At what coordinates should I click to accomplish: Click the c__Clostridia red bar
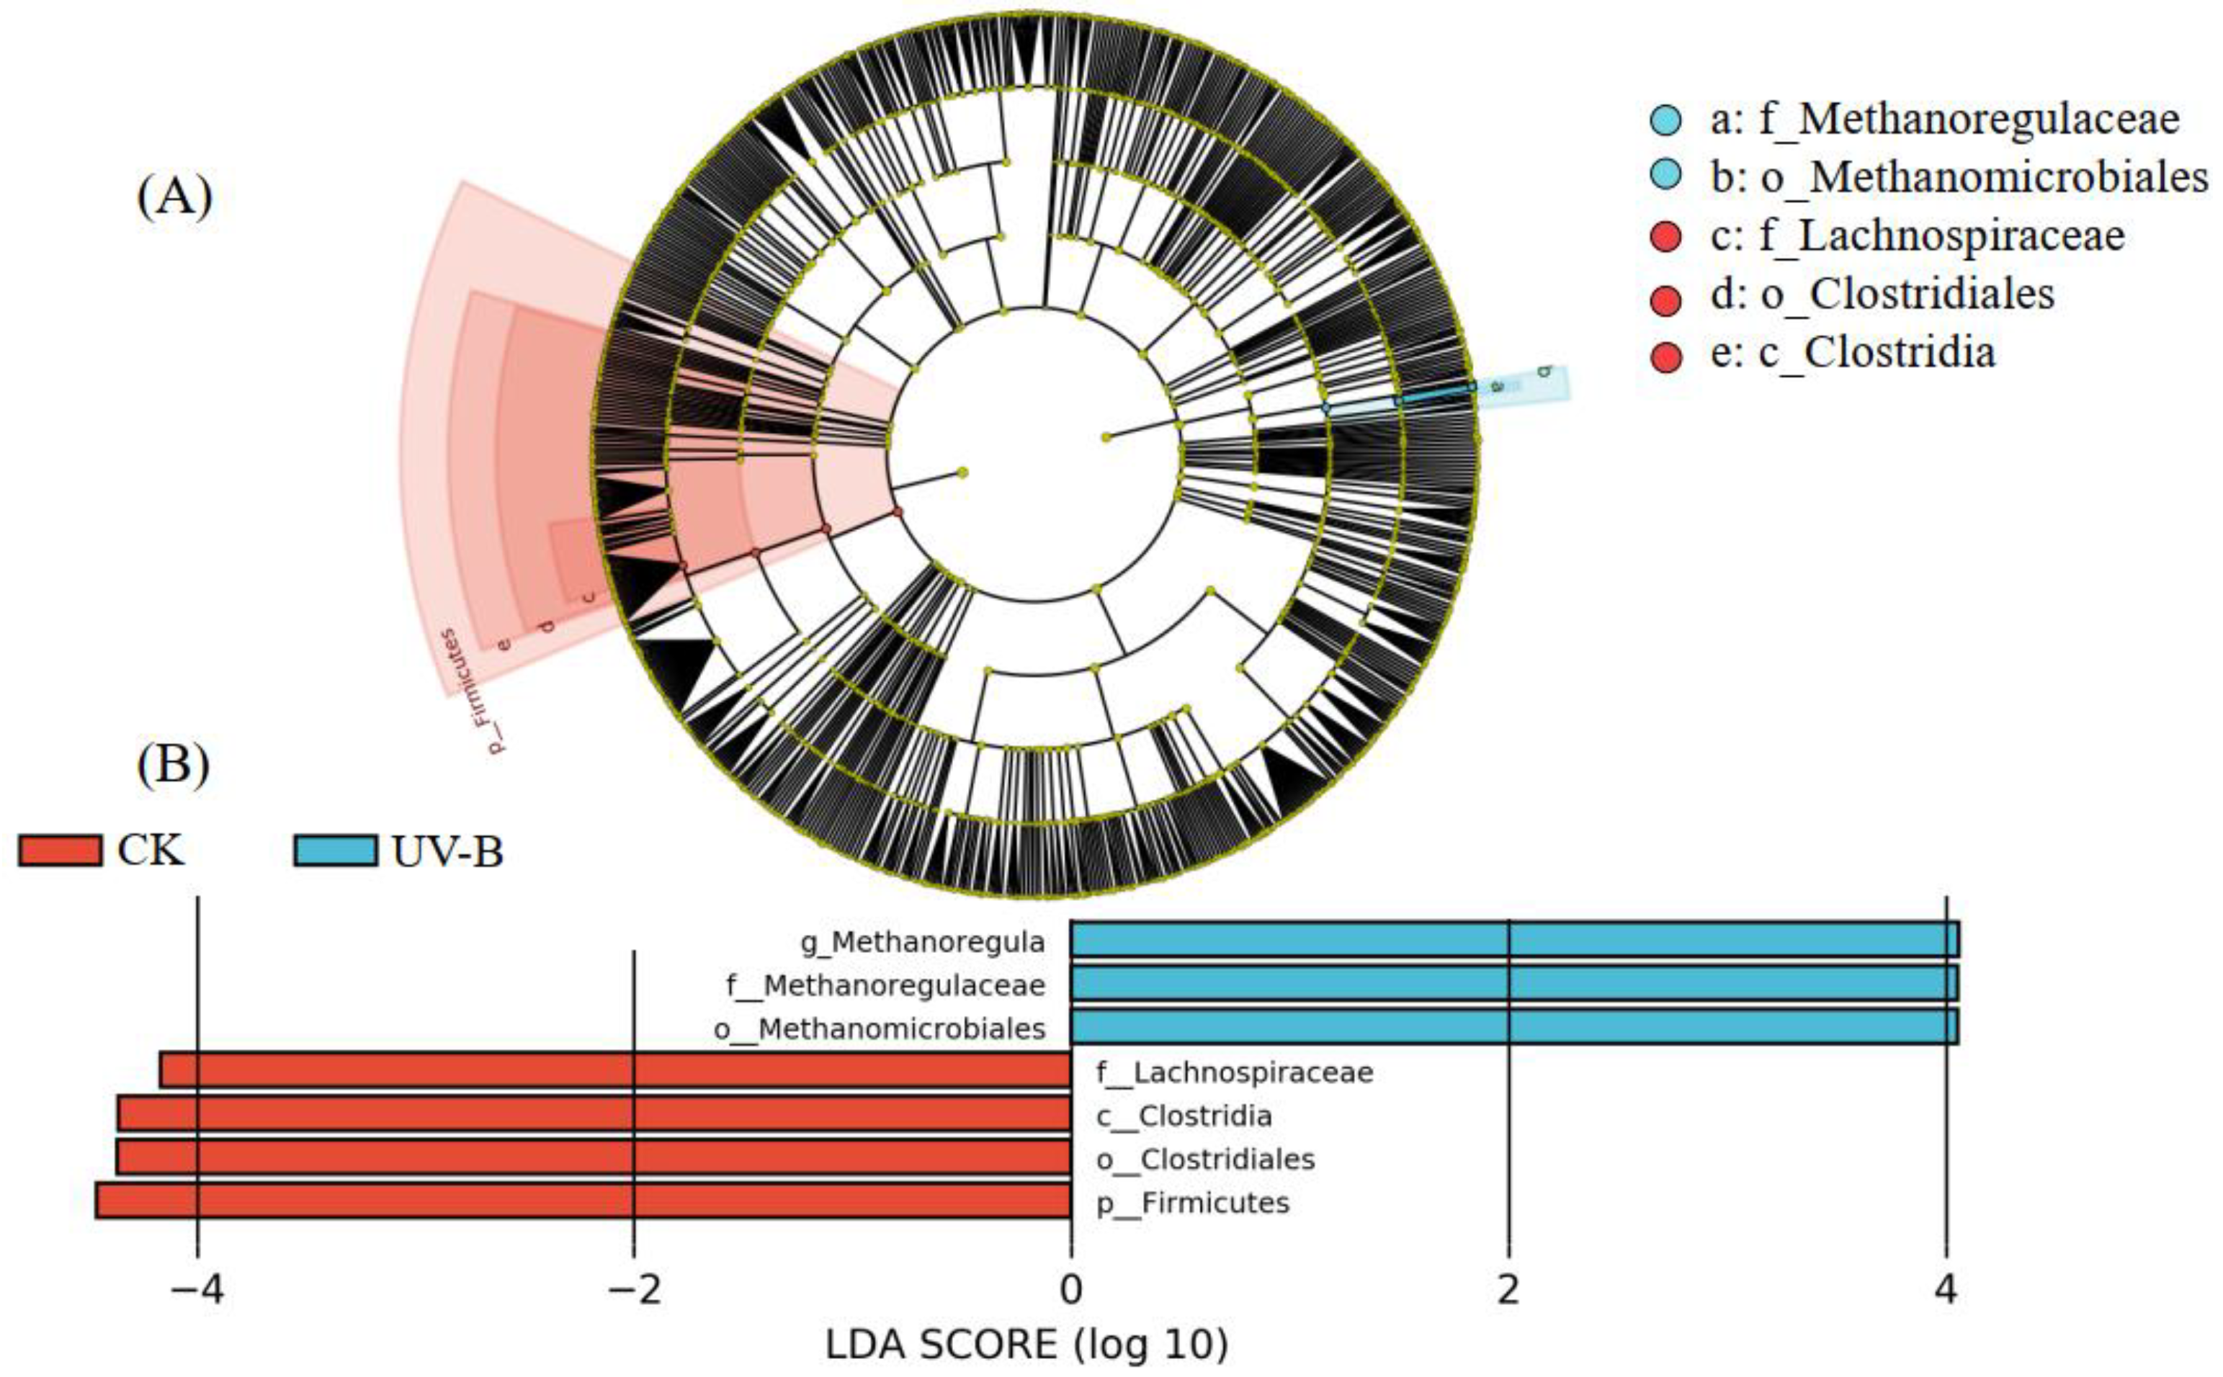pyautogui.click(x=594, y=1114)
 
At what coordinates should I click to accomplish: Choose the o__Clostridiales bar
pyautogui.click(x=594, y=1157)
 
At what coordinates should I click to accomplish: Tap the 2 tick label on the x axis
pyautogui.click(x=1509, y=1291)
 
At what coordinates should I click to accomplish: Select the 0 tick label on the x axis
pyautogui.click(x=1071, y=1291)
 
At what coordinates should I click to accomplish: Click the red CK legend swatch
pyautogui.click(x=60, y=851)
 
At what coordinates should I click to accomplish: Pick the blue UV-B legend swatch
pyautogui.click(x=335, y=851)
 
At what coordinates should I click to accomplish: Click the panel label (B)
pyautogui.click(x=173, y=765)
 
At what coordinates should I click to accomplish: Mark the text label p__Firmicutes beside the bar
pyautogui.click(x=1193, y=1203)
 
